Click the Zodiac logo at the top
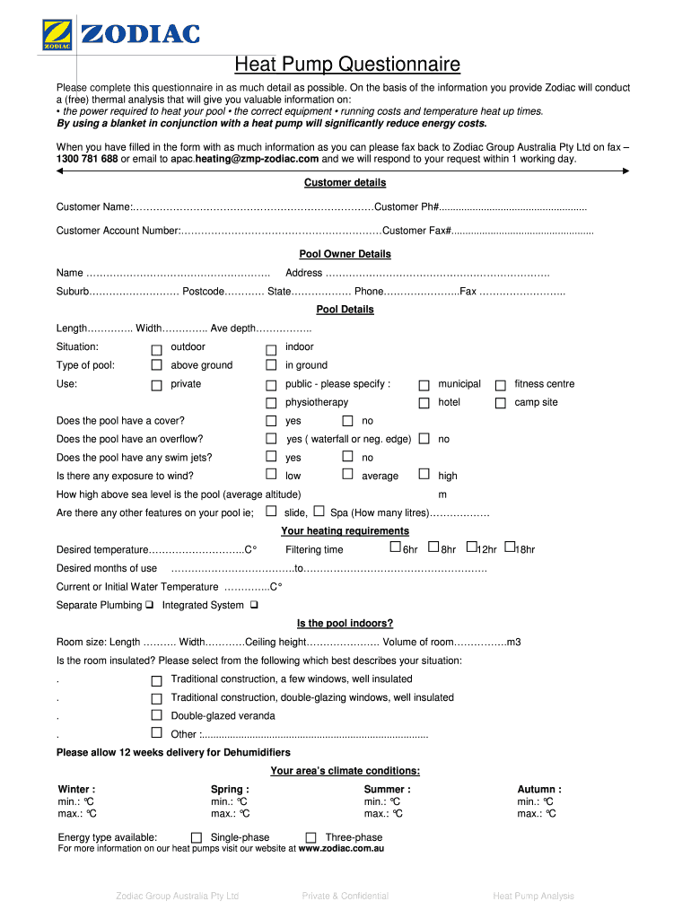[121, 35]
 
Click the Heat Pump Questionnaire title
[346, 65]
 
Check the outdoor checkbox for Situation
[156, 348]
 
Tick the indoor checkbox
[271, 348]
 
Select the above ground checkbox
[156, 366]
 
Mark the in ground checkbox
[271, 366]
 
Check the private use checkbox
[156, 385]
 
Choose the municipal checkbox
[424, 385]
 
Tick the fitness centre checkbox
[501, 385]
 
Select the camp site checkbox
[501, 404]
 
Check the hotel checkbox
[424, 404]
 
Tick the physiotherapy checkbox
[271, 404]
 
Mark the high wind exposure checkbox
[424, 476]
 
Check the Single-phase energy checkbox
[196, 838]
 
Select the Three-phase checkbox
[311, 838]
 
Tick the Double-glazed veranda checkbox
[156, 716]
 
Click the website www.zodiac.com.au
[341, 848]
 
